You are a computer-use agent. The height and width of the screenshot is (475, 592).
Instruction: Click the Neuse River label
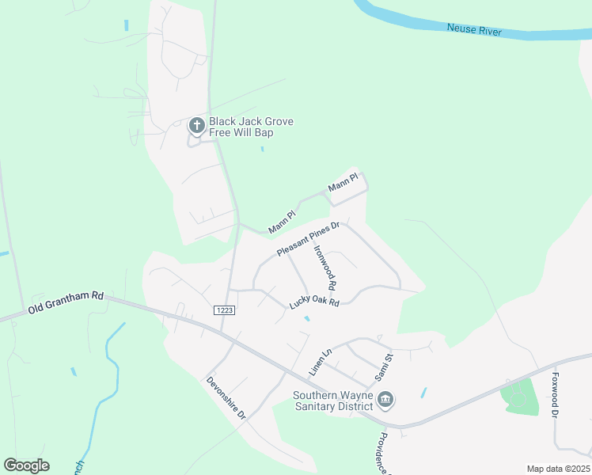[475, 28]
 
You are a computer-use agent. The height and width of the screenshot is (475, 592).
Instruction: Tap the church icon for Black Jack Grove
[196, 126]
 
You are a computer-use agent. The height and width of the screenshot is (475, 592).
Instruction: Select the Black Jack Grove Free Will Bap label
[251, 127]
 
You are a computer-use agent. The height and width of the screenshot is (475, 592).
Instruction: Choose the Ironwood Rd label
[325, 266]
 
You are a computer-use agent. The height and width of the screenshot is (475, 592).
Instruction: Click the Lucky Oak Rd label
[314, 302]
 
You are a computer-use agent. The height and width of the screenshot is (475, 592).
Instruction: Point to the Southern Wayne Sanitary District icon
[385, 399]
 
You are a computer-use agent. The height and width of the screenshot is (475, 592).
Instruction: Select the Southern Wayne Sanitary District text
[332, 401]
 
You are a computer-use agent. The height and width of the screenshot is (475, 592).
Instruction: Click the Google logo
[26, 465]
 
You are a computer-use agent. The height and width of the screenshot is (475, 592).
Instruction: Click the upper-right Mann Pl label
[343, 183]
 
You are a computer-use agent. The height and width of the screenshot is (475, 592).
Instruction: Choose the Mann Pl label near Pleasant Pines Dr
[281, 222]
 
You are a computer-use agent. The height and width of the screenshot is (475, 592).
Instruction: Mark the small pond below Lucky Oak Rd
[306, 318]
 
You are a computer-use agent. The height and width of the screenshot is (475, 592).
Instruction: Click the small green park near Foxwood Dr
[518, 395]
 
